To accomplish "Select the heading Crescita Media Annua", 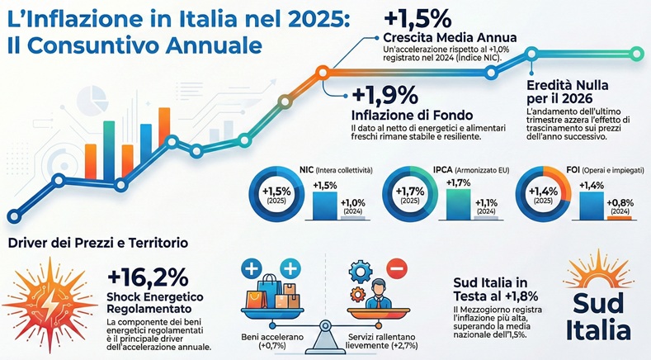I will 450,38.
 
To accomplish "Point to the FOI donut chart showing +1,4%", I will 543,197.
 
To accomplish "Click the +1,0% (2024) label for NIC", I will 353,206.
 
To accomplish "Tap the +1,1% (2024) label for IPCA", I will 486,206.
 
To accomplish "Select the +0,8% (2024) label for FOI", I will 620,206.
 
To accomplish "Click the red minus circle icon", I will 396,269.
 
